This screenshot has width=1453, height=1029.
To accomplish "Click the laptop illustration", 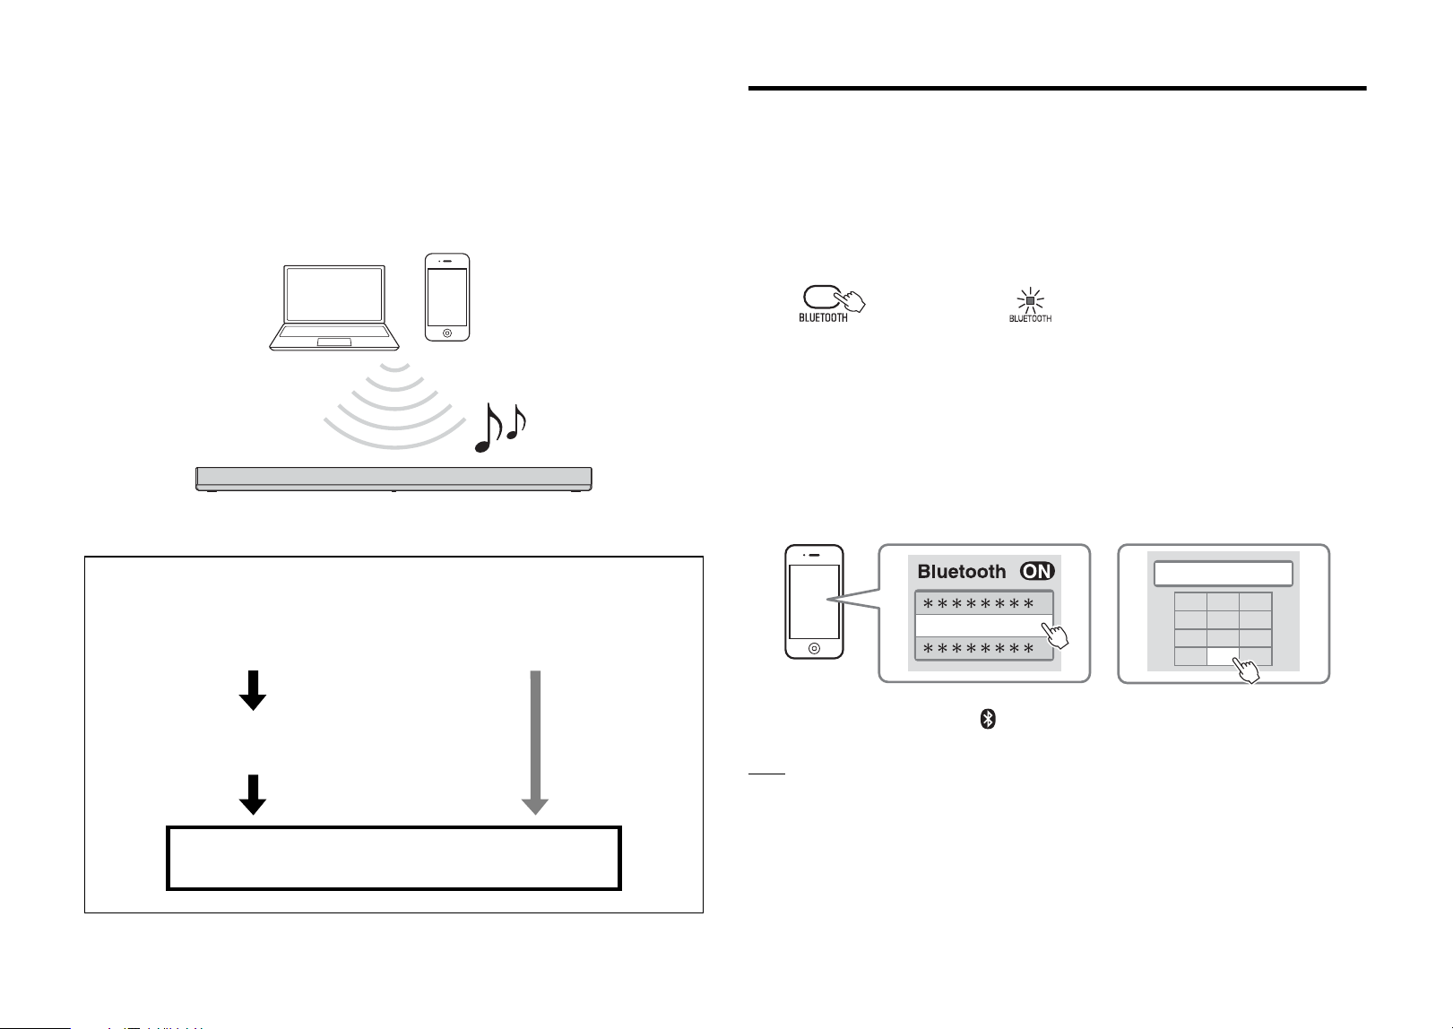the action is coord(334,307).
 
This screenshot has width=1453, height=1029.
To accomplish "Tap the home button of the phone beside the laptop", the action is coord(447,333).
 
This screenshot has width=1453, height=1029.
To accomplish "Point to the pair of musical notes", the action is coord(500,428).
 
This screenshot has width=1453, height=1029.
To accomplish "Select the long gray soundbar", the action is coord(394,479).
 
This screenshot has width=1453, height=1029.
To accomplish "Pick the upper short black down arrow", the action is coord(253,690).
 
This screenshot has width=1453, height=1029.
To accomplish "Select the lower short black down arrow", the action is coord(253,795).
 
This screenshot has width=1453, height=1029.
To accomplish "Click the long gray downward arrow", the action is coord(535,742).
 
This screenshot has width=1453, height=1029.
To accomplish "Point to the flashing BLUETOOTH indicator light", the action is coord(1030,301).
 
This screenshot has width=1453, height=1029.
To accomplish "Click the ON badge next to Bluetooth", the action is coord(1037,571).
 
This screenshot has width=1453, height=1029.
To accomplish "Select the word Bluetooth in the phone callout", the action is coord(961,572).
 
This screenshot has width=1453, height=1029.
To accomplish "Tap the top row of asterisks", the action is coord(978,605).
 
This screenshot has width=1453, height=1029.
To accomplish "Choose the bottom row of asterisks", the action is coord(978,649).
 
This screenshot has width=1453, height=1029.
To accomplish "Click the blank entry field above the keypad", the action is coord(1224,574).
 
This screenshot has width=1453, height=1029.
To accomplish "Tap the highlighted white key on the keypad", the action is coord(1223,657).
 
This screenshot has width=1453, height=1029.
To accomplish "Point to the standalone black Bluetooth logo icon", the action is coord(988,719).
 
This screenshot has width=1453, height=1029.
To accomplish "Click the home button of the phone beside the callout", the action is coord(814,648).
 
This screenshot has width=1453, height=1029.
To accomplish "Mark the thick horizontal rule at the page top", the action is coord(1058,88).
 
